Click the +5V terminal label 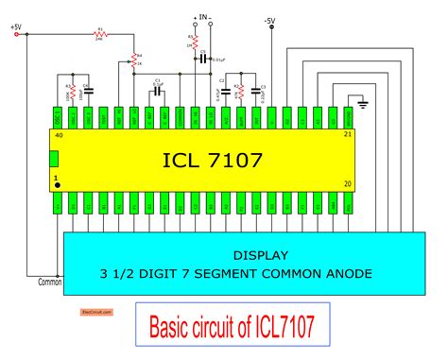click(16, 26)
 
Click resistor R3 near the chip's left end click(71, 92)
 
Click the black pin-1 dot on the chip click(58, 186)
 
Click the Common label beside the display click(49, 281)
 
